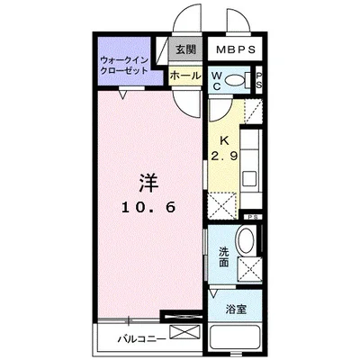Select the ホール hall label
[184, 76]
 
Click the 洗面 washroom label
[224, 256]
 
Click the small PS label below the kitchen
[255, 217]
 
